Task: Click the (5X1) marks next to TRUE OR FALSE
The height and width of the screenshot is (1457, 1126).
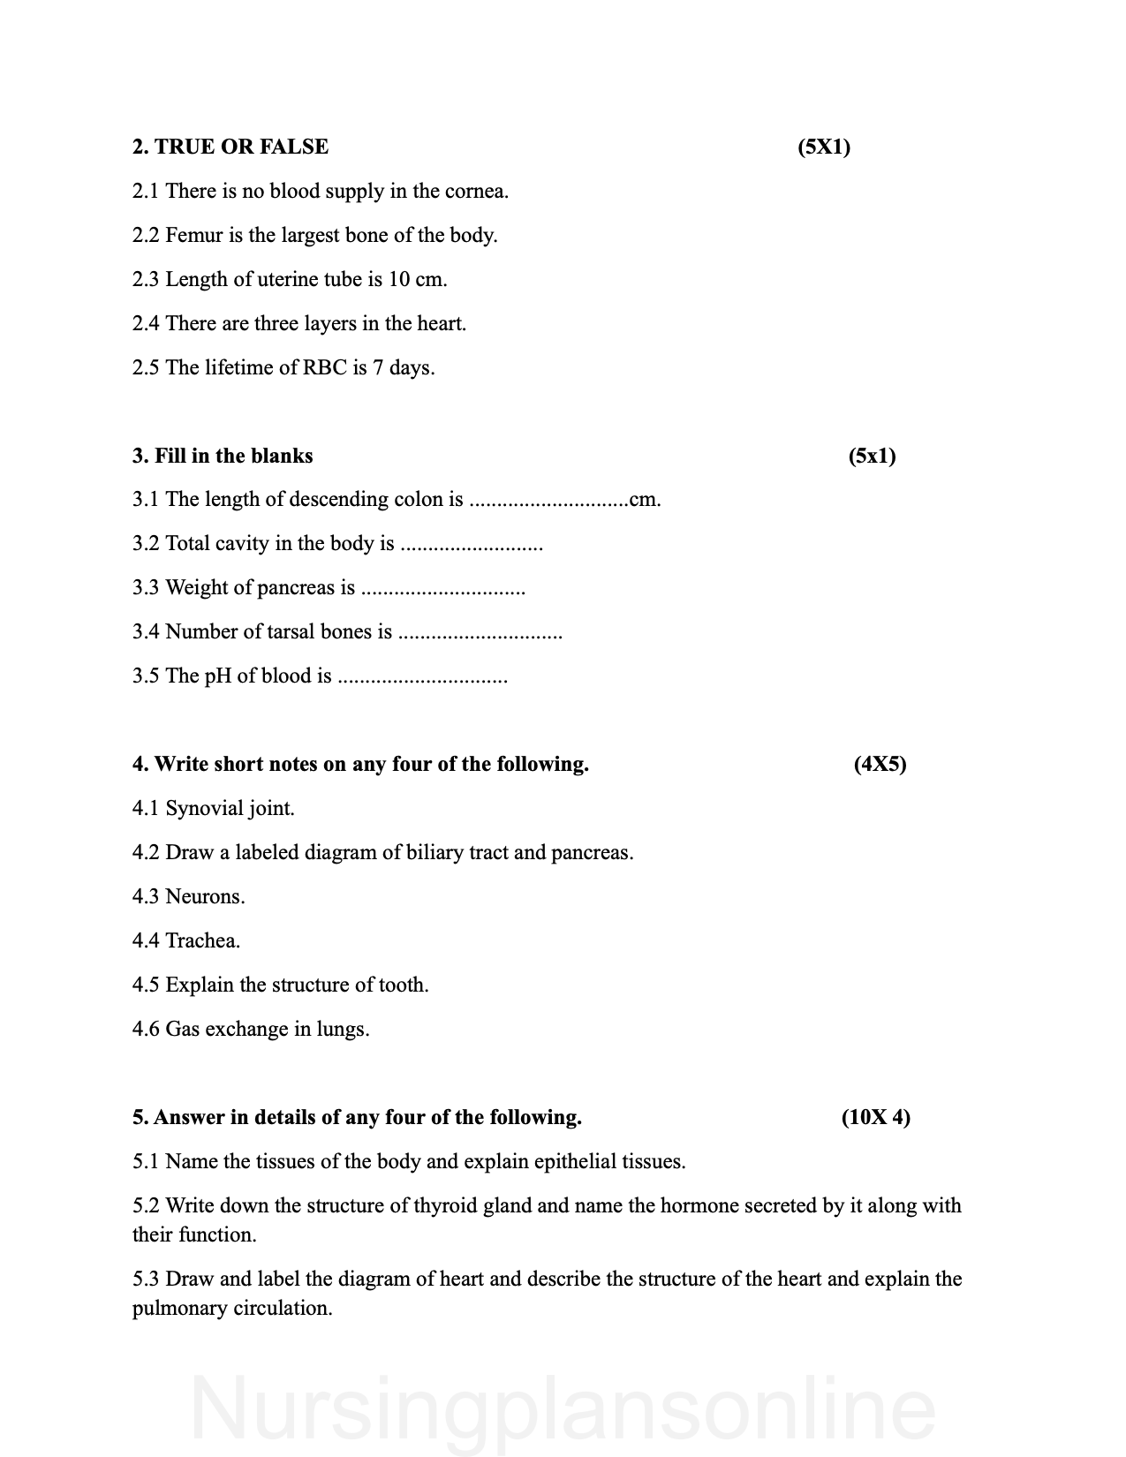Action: point(823,147)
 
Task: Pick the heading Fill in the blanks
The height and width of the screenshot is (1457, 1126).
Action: point(223,456)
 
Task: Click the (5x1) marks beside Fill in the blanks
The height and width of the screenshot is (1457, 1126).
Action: point(872,456)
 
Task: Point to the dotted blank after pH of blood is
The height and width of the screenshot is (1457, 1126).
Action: point(423,677)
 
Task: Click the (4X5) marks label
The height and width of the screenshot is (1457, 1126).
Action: point(880,764)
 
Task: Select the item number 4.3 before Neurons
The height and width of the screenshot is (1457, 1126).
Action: point(146,897)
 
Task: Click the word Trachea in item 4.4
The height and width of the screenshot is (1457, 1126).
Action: point(202,941)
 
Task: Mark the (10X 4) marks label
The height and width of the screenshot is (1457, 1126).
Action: point(875,1117)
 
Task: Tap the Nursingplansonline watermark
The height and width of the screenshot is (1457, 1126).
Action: point(563,1408)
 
